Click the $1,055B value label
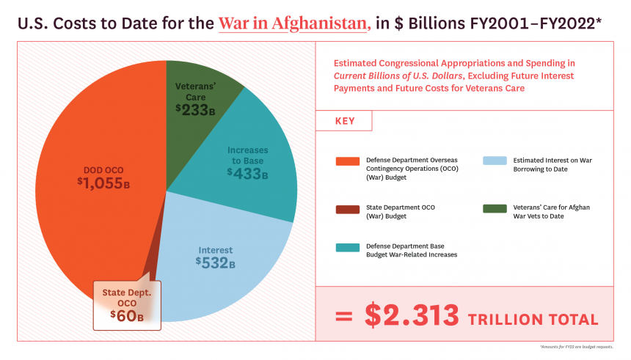pos(103,183)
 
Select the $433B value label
pos(247,174)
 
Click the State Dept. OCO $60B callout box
pos(127,304)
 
